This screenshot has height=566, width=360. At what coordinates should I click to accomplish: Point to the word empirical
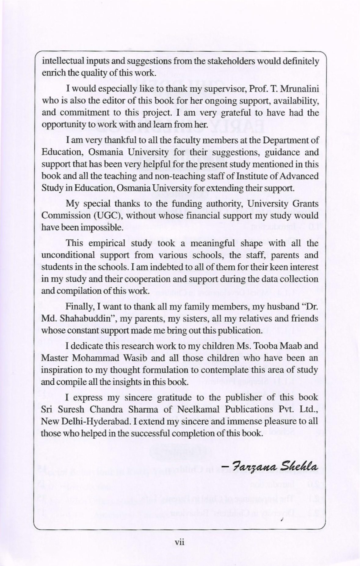tap(107, 243)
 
